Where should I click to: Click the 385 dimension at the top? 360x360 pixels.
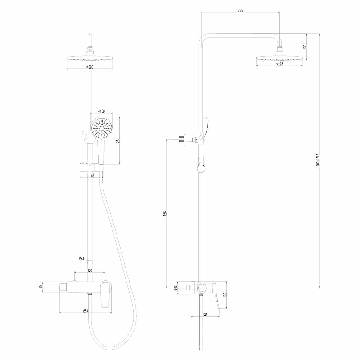click(x=240, y=10)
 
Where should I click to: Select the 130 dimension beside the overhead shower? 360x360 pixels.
click(x=305, y=46)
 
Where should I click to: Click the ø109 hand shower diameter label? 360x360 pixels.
click(x=101, y=111)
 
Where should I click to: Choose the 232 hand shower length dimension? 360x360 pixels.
click(x=117, y=140)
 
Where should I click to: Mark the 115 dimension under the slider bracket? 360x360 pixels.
click(x=92, y=176)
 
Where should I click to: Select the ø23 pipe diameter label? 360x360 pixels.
click(x=81, y=258)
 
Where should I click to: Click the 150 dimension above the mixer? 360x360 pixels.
click(x=90, y=271)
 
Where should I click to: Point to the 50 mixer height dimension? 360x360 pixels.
click(x=40, y=287)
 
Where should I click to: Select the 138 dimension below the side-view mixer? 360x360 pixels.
click(x=205, y=315)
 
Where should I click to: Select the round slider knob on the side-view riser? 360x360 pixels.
click(x=199, y=169)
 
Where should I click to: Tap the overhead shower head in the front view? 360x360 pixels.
click(x=90, y=60)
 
